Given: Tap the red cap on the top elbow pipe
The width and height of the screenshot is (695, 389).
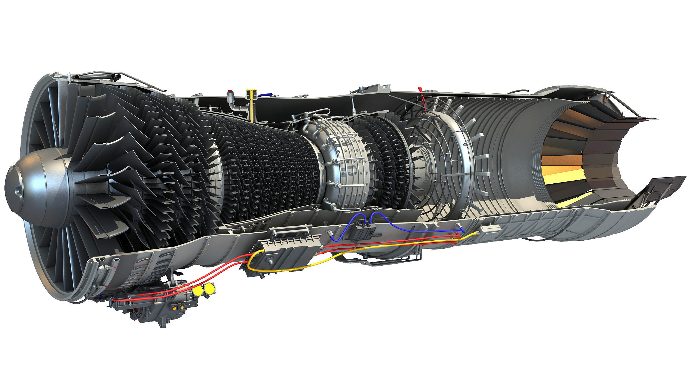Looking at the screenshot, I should coord(230,91).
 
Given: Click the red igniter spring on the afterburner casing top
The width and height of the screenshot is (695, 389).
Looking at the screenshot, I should coord(421,94).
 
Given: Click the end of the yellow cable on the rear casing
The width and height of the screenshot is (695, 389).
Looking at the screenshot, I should coord(475,233).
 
